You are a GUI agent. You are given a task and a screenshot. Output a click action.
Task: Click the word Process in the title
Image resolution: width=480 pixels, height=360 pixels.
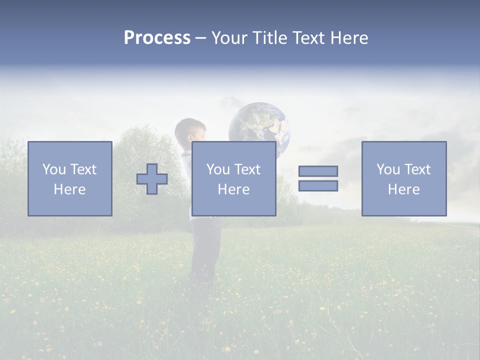coord(157,38)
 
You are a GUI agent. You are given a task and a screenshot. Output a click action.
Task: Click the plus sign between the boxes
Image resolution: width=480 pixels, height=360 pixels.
coord(152,179)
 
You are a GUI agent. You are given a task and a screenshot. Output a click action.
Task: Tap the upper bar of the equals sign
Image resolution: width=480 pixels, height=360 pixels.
coord(318,171)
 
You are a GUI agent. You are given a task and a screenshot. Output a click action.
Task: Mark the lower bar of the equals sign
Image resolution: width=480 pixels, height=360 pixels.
coord(318,186)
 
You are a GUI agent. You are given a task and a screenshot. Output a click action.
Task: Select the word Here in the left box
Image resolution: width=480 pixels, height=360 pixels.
coord(69,189)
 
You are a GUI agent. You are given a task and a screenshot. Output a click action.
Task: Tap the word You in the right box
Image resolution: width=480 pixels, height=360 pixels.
coord(388,169)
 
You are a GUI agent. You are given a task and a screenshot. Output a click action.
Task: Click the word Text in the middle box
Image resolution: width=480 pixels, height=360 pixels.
coord(247,169)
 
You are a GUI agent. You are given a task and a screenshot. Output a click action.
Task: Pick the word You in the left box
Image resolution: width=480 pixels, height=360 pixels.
coord(54,169)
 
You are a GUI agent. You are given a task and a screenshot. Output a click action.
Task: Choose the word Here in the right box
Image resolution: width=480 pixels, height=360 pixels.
coord(403,189)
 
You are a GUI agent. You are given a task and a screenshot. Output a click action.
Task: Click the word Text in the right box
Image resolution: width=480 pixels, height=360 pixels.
coord(417,169)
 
